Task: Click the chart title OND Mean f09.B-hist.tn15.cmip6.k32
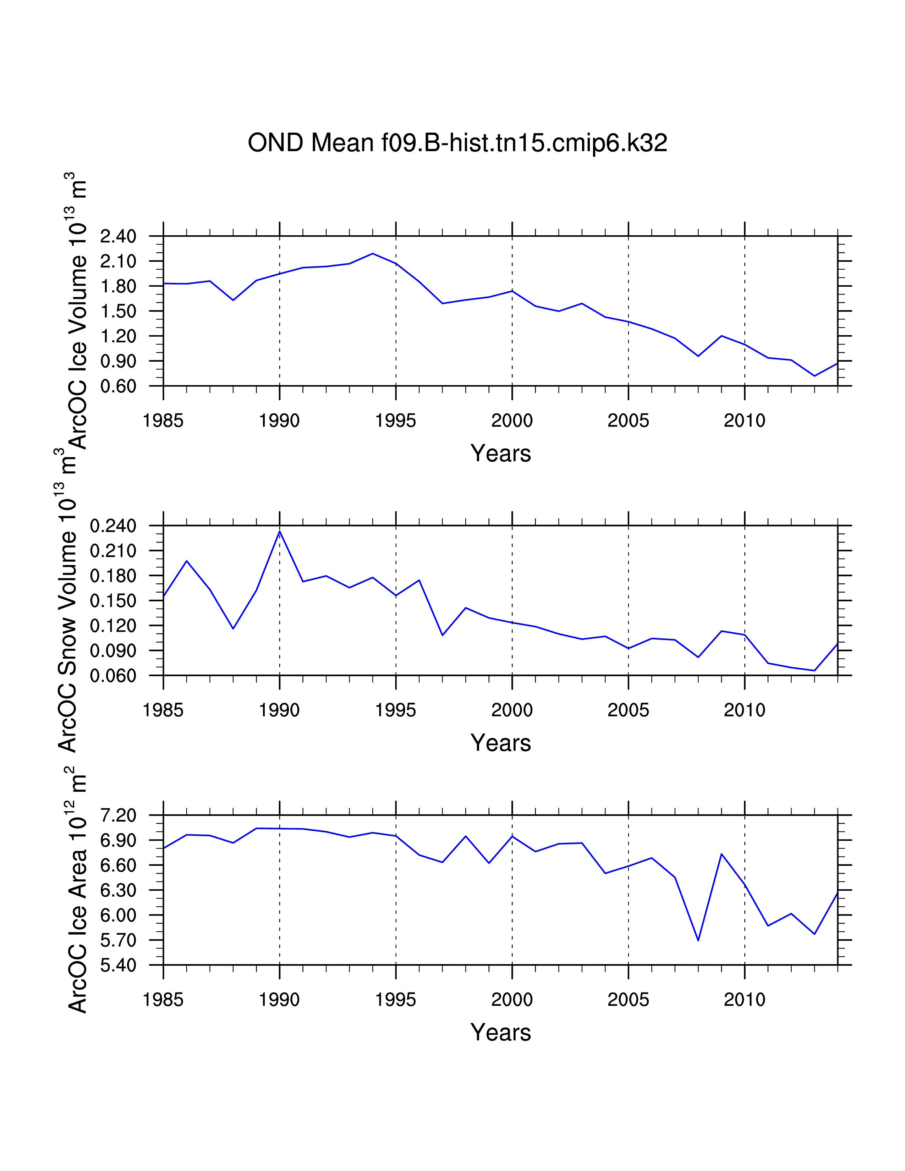457,143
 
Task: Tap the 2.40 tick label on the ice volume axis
119,236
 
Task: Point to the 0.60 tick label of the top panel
119,386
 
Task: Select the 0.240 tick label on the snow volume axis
113,526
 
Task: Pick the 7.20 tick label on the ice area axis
119,815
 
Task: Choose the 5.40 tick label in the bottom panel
119,966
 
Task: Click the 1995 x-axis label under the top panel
396,421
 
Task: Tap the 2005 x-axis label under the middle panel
628,710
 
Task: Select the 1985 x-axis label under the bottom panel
163,1000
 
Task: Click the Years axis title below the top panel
501,453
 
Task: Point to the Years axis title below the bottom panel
501,1033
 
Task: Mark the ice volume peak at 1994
373,254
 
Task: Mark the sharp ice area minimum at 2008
698,940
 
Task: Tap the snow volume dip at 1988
233,628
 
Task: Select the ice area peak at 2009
722,854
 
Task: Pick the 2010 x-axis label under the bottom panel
744,1000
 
